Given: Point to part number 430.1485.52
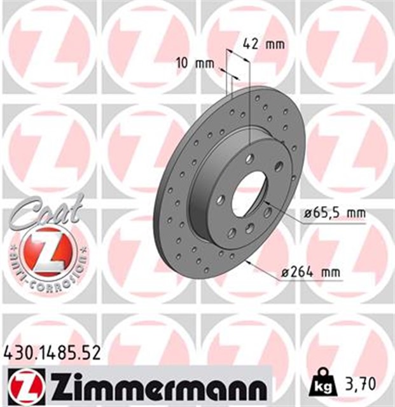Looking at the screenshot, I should [52, 352].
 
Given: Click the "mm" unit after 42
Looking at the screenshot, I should [275, 45].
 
